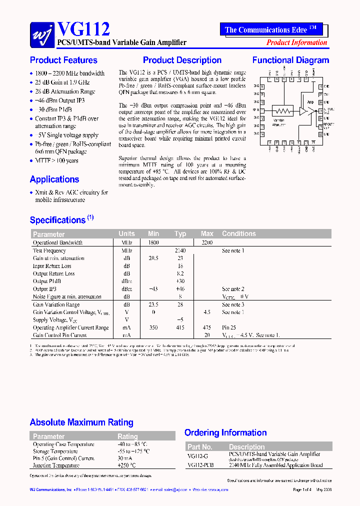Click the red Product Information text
tap(296, 42)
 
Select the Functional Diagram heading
tap(290, 60)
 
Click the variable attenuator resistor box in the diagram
tap(282, 110)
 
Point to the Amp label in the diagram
tap(310, 101)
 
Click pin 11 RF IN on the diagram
tap(262, 110)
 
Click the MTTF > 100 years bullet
tap(56, 160)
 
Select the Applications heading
tap(54, 179)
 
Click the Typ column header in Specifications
tap(180, 233)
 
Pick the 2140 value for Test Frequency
tap(180, 250)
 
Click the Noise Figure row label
tap(67, 296)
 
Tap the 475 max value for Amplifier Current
tap(206, 327)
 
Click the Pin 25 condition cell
tap(229, 327)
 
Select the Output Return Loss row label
tap(54, 273)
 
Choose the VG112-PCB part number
tap(200, 465)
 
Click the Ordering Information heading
tap(225, 433)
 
